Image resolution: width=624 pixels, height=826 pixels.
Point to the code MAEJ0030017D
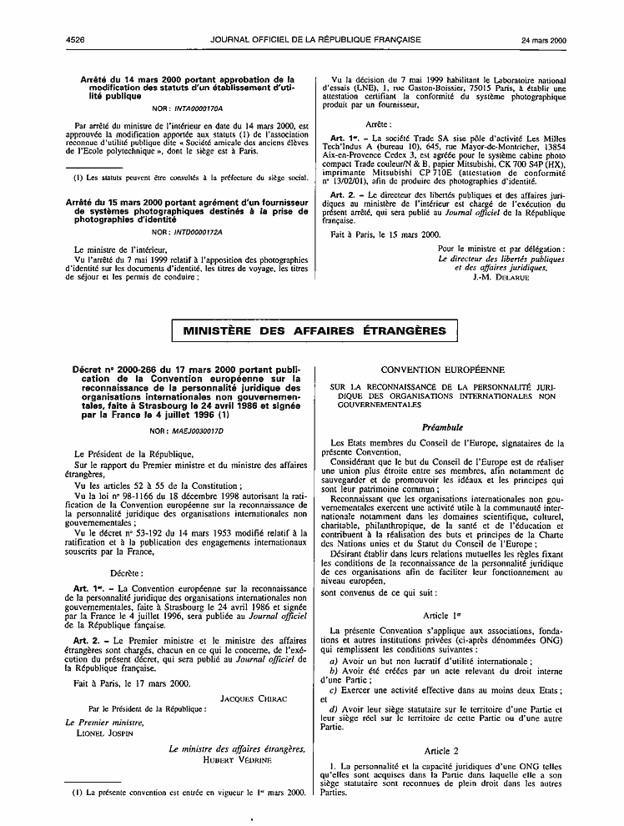click(x=188, y=431)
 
